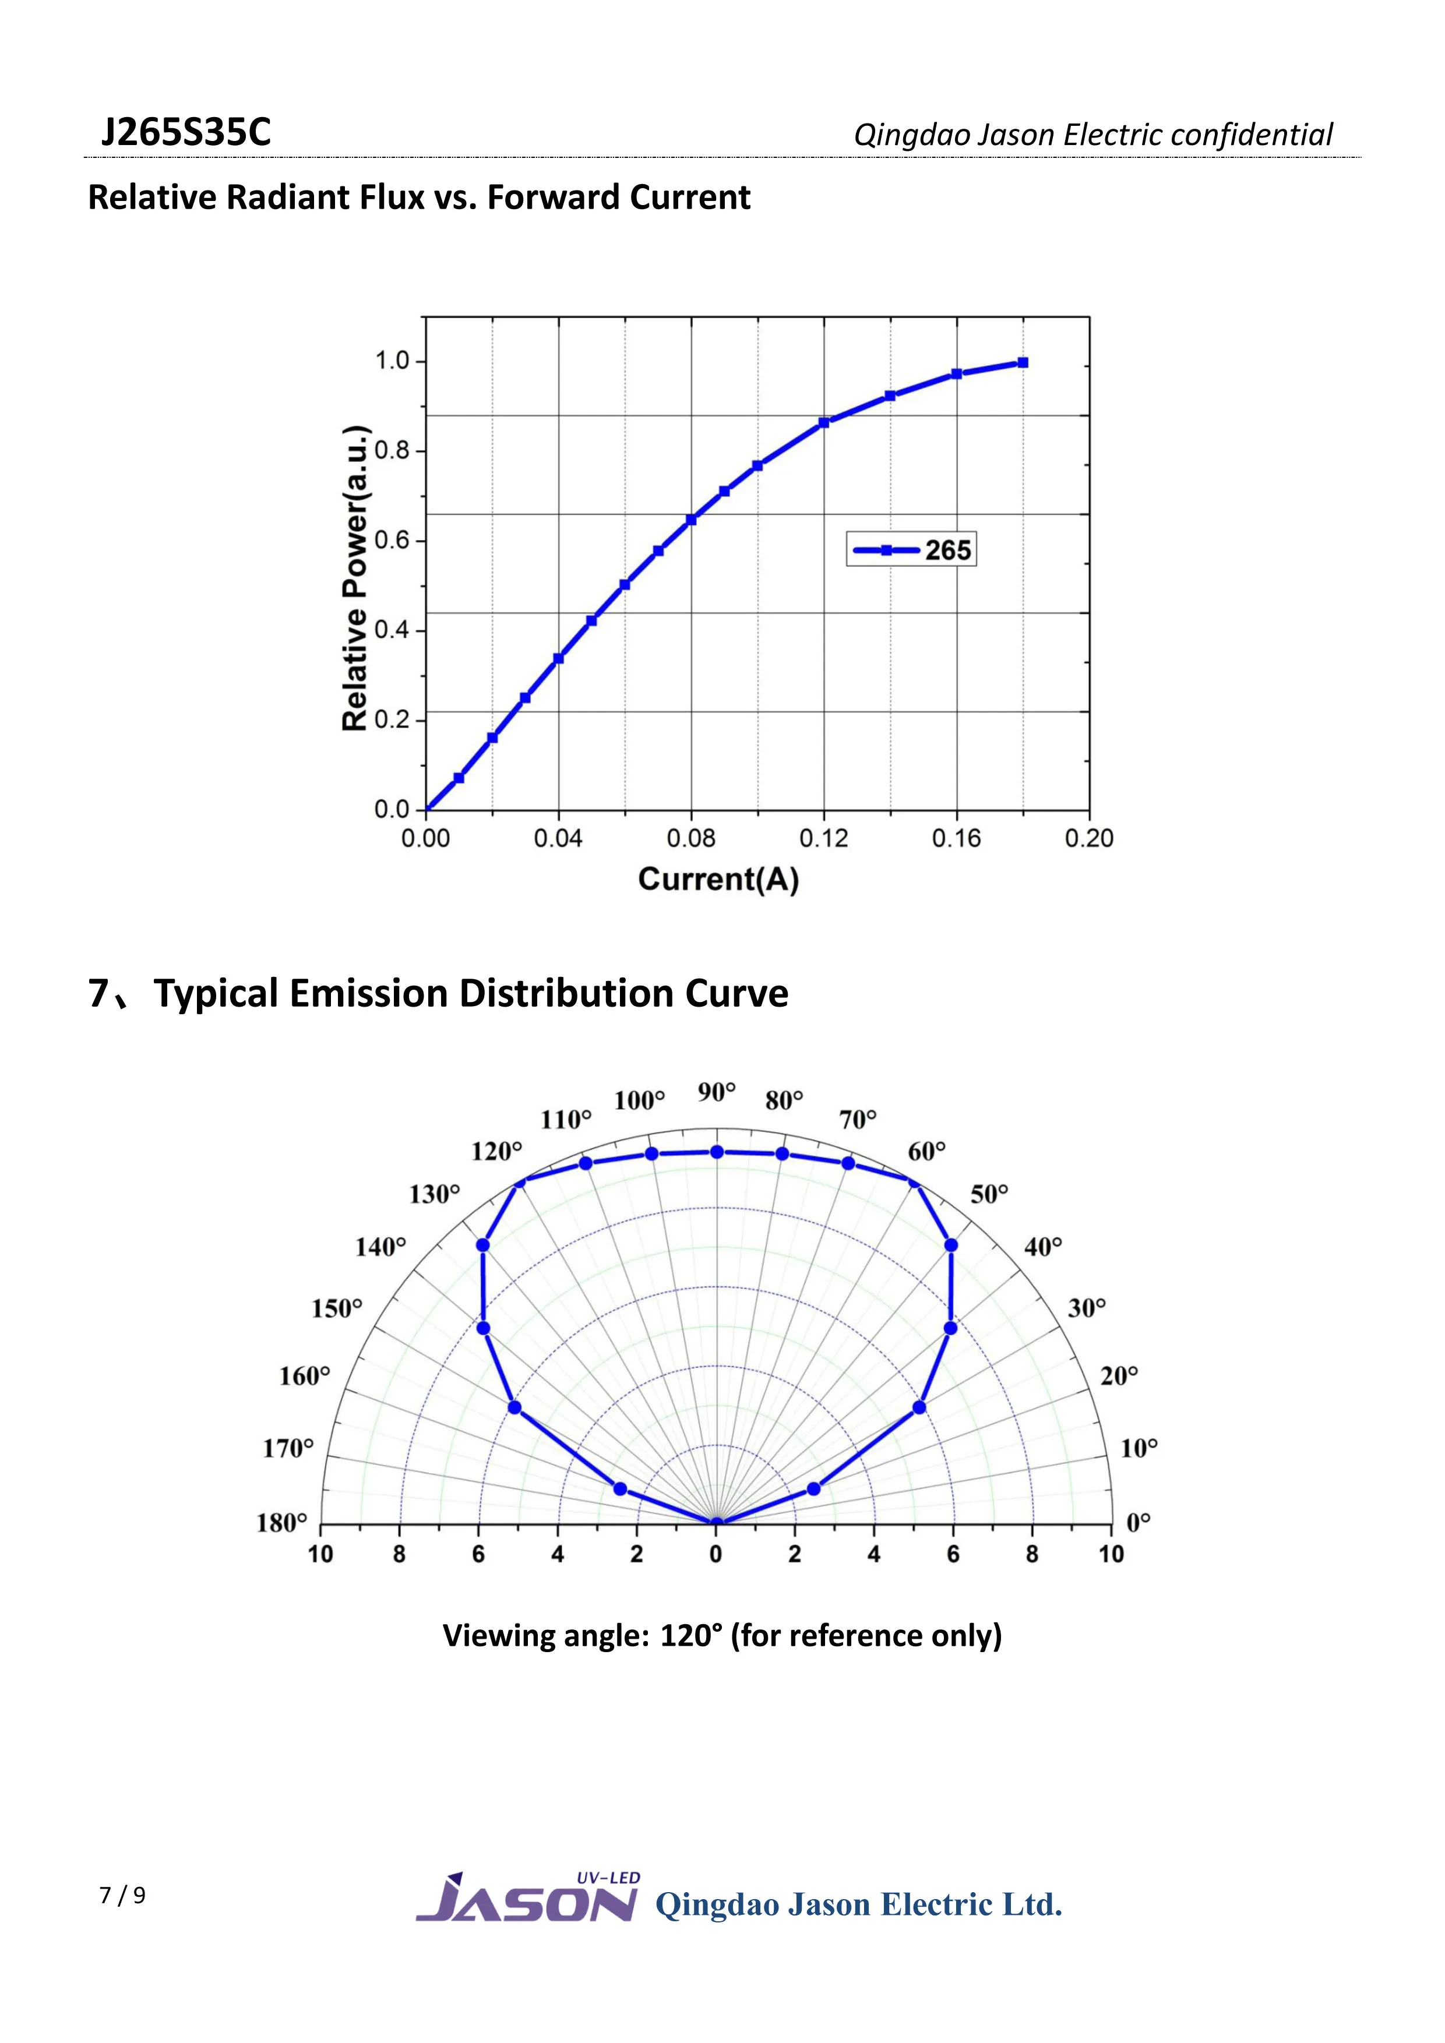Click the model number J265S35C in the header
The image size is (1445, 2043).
click(x=185, y=133)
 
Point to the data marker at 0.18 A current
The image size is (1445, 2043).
click(x=1023, y=363)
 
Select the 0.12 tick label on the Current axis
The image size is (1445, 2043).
click(x=823, y=838)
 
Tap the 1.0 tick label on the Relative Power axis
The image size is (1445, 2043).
click(x=392, y=361)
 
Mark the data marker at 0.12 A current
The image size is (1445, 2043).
click(x=824, y=423)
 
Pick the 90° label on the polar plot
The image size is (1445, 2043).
click(x=716, y=1092)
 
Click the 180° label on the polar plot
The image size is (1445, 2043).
click(x=282, y=1523)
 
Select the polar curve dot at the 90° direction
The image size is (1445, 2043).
click(x=716, y=1152)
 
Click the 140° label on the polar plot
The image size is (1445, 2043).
click(x=381, y=1247)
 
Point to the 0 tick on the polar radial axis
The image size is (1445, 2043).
click(x=716, y=1554)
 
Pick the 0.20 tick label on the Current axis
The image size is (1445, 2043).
click(x=1088, y=838)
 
